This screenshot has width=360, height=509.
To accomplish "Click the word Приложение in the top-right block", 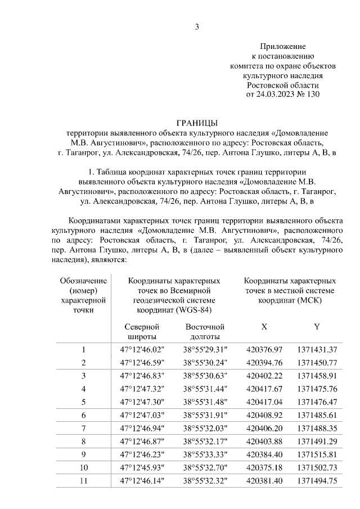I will (283, 46).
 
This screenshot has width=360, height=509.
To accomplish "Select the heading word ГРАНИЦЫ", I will (197, 123).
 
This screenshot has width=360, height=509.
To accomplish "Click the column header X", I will (264, 327).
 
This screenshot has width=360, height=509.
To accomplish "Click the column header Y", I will (317, 327).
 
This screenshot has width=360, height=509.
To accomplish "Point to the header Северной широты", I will (142, 332).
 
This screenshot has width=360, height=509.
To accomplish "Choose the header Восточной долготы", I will (205, 332).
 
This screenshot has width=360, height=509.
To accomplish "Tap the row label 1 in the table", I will (83, 349).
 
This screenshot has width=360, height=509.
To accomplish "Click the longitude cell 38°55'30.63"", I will (205, 376).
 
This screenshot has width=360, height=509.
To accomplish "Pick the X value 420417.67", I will (264, 389).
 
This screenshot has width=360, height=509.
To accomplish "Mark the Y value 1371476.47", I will (317, 402).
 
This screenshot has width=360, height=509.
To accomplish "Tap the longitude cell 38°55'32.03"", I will (205, 429).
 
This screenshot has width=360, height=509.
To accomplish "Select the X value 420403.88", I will (264, 442).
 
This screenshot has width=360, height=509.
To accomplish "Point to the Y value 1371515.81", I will (317, 454).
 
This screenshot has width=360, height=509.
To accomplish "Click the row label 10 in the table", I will (83, 468).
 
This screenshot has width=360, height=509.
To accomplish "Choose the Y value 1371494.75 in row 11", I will (317, 481).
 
